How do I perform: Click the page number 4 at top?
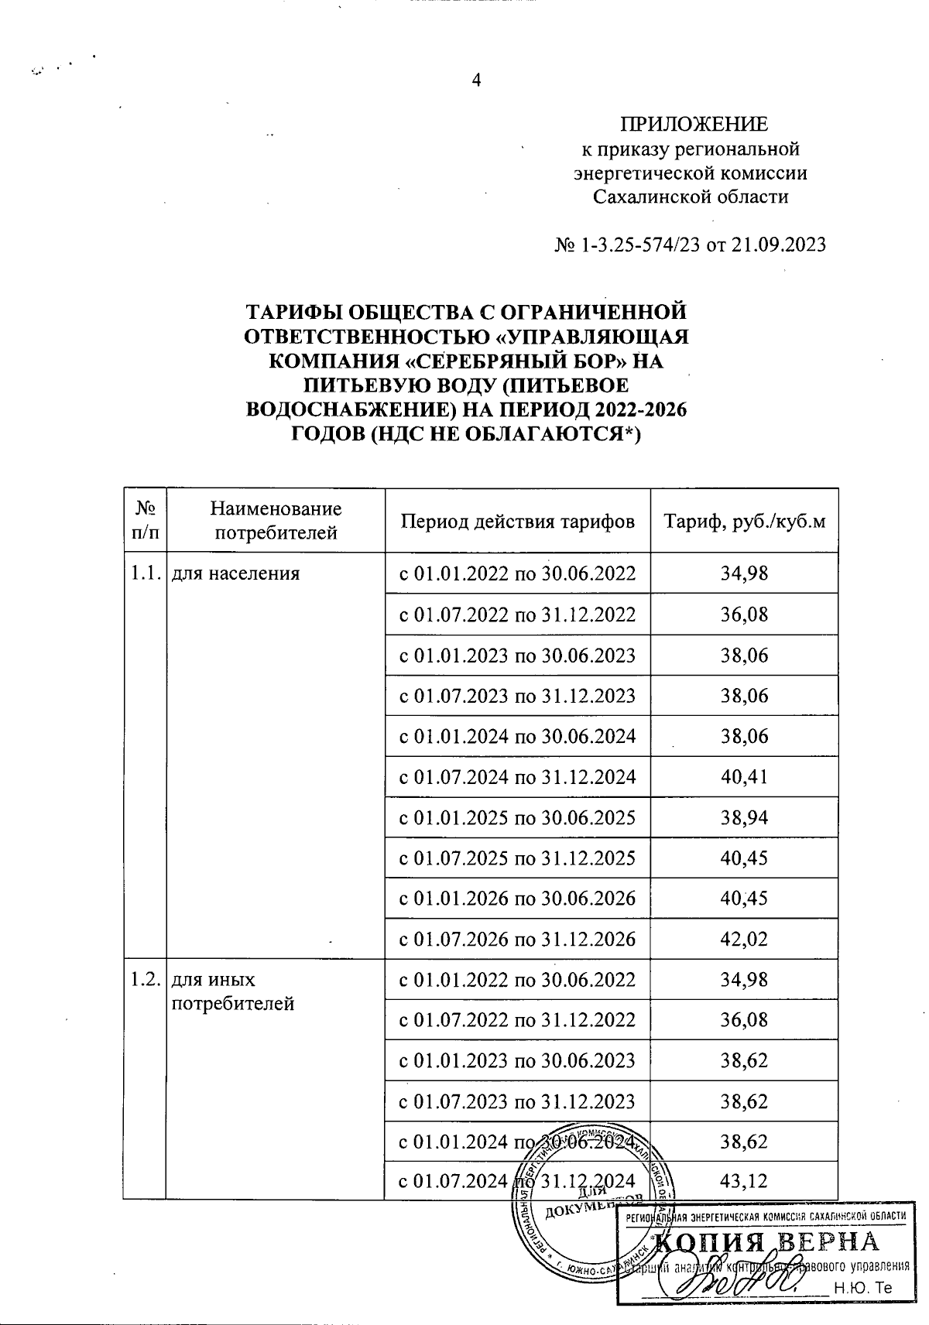click(476, 80)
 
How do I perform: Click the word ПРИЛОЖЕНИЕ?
click(694, 125)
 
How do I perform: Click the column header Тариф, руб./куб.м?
click(744, 521)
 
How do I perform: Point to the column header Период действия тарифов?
click(517, 521)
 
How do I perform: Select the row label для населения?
click(235, 573)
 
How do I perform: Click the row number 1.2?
click(144, 980)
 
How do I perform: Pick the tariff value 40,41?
click(744, 776)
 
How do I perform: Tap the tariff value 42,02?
click(744, 939)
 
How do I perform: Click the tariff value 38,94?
click(744, 817)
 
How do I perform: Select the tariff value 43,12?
click(744, 1181)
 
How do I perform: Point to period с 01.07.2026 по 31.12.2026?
click(517, 939)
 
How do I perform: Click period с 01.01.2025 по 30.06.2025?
click(517, 817)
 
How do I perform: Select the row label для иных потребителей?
click(232, 991)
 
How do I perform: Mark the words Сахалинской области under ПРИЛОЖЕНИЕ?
click(691, 197)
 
